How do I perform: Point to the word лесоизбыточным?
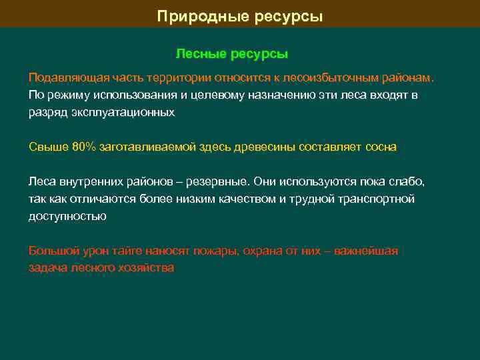click(x=339, y=77)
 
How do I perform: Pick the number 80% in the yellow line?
click(x=84, y=147)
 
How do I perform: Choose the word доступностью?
click(x=67, y=216)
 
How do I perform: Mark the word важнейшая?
click(x=366, y=251)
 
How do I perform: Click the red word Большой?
click(x=51, y=251)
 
